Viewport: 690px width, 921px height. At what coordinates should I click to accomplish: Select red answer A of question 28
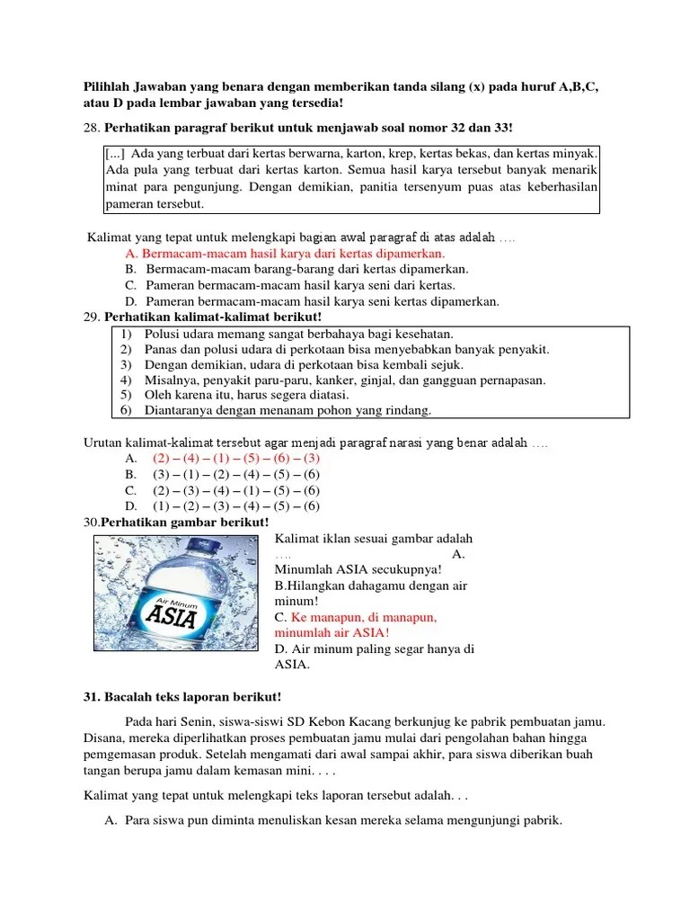[285, 254]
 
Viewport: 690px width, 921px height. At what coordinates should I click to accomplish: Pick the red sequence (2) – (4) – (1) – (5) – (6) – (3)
[235, 458]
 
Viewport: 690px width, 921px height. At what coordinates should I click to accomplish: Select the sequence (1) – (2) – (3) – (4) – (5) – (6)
[235, 505]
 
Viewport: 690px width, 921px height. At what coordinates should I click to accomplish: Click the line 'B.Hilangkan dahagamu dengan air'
[371, 585]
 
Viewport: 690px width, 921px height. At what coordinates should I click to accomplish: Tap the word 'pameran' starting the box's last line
[129, 203]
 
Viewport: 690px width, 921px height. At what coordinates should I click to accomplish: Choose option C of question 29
[235, 490]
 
